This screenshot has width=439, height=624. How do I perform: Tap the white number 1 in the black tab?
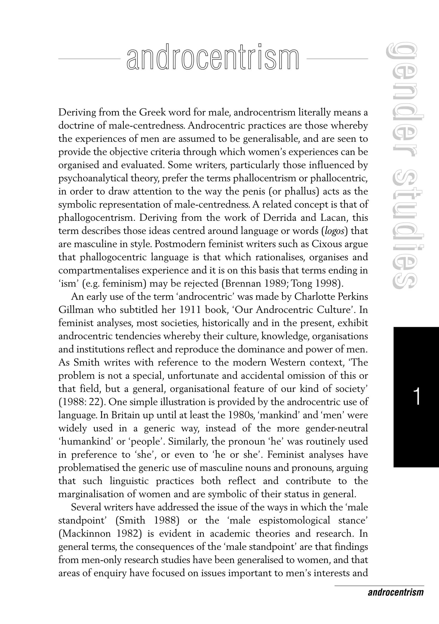[x=416, y=397]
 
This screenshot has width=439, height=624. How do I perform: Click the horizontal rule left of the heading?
[x=89, y=58]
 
